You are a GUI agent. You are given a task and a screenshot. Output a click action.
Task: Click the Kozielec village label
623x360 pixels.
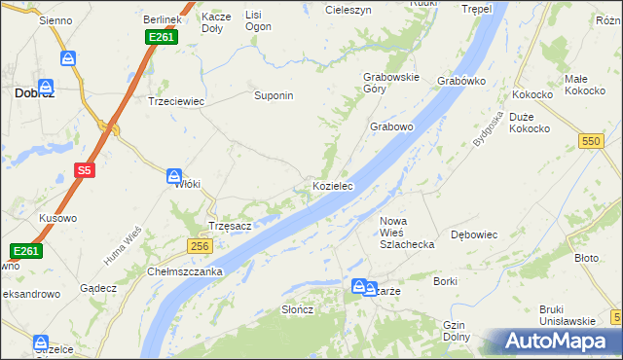tap(332, 185)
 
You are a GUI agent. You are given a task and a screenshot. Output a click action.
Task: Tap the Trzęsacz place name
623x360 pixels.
tap(231, 226)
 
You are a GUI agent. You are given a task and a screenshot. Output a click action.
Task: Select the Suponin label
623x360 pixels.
tap(274, 96)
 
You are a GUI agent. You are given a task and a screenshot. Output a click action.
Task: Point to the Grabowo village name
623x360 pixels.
tap(392, 127)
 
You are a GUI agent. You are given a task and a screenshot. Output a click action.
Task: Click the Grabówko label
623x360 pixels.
tap(461, 81)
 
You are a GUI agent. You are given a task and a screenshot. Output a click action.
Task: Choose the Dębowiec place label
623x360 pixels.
tap(475, 234)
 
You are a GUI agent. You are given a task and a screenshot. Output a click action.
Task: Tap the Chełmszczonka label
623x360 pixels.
tap(186, 271)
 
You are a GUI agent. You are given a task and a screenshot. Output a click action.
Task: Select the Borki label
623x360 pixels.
tap(446, 281)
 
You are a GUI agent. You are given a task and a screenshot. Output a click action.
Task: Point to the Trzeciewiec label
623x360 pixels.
tap(172, 100)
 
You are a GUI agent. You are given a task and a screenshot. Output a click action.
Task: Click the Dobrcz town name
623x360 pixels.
tap(34, 93)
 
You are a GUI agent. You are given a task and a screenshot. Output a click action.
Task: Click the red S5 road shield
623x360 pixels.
tap(85, 171)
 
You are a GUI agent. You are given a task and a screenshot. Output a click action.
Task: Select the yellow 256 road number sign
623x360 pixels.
tap(201, 247)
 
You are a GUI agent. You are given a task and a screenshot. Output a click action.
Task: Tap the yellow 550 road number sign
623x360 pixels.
tap(590, 141)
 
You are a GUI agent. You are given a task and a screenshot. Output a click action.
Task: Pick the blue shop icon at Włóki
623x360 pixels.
tap(173, 176)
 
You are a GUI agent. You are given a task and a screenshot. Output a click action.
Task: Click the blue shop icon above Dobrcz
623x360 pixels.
tap(68, 59)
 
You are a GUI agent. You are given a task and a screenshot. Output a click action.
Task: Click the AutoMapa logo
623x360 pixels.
tap(559, 341)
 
